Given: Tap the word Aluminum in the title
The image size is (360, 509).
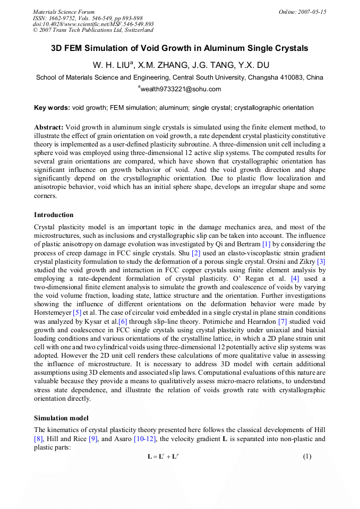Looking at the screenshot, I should pos(224,48).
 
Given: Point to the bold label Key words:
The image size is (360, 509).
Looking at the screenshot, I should pos(52,108).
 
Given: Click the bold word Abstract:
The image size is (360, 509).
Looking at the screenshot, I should pos(49,127).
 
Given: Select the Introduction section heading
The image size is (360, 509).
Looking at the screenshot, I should pos(54,215).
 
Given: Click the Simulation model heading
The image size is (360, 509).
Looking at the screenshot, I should pos(62,418).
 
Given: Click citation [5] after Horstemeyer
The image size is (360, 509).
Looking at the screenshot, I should pos(77,312).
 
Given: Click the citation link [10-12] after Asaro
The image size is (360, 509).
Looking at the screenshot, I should pos(176,438).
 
